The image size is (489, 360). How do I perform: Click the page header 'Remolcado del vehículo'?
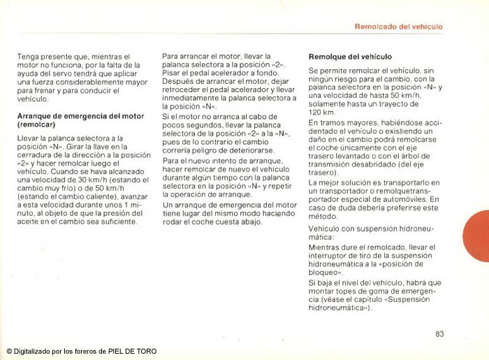tap(399, 27)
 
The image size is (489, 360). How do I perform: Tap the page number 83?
tap(439, 333)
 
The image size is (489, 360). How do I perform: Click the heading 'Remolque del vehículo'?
tap(350, 56)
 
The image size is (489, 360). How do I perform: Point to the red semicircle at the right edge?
tap(479, 238)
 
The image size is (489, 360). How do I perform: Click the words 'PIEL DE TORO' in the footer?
tap(133, 351)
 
